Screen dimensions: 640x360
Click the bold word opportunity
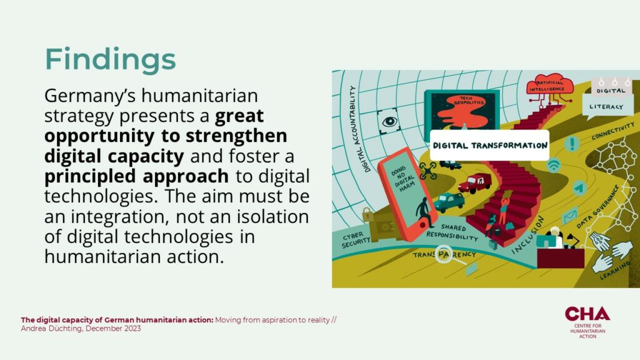[x=99, y=136]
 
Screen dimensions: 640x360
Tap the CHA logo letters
[x=587, y=314]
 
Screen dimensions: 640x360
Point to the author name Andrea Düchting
[x=51, y=329]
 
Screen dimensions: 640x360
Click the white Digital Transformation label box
[x=489, y=145]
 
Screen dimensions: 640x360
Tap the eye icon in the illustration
[x=389, y=121]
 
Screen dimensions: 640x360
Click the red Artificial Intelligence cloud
[x=550, y=84]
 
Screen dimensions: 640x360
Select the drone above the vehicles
[x=427, y=171]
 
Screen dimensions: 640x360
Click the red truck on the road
[x=475, y=182]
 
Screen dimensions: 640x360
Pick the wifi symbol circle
[x=554, y=165]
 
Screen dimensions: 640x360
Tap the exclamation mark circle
[x=572, y=144]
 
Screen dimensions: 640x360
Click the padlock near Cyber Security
[x=367, y=214]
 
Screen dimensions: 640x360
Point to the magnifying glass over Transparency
[x=445, y=255]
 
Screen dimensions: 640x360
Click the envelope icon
[x=569, y=216]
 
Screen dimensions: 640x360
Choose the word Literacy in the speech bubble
[x=606, y=107]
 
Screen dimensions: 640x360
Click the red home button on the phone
[x=423, y=224]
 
